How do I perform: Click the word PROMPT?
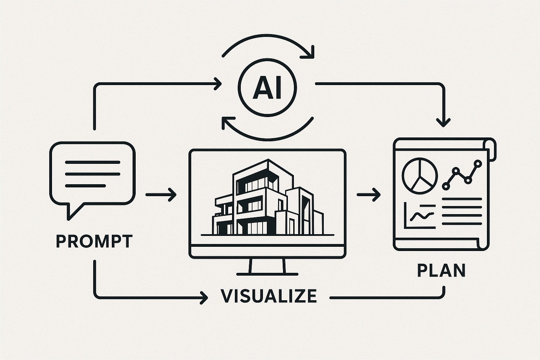point(94,242)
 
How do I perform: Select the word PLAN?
point(441,270)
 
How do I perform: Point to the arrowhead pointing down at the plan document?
point(443,122)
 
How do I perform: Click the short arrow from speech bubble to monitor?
point(161,194)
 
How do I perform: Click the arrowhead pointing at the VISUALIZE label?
point(203,297)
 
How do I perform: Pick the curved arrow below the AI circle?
point(267,130)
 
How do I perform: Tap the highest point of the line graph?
point(477,163)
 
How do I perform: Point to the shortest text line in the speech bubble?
point(85,185)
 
